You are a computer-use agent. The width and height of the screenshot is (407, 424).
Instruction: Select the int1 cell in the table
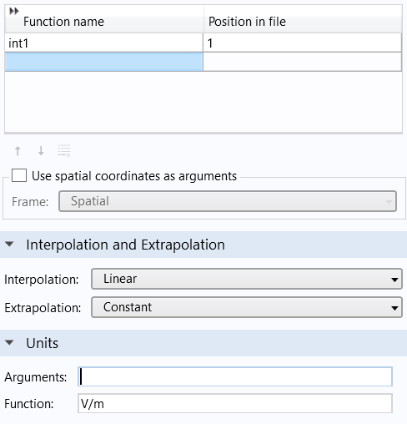coord(103,43)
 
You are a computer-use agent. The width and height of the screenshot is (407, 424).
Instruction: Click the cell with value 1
coord(303,43)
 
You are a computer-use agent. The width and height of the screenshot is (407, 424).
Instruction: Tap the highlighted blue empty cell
coord(103,62)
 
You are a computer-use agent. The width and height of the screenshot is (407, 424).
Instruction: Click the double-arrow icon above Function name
coord(14,11)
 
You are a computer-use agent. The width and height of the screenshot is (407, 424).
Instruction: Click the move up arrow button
coord(18,151)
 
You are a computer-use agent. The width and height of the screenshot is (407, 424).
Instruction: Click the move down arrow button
coord(41,151)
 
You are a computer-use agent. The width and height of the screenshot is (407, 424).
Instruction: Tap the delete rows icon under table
coord(64,151)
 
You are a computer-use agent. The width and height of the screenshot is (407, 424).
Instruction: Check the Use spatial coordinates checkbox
coord(19,175)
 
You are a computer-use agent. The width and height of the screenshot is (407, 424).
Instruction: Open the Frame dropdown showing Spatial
coord(228,201)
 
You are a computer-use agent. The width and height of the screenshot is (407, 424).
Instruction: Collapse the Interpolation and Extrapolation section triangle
coord(9,245)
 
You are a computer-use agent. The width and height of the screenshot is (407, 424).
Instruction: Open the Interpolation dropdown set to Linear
coord(247,279)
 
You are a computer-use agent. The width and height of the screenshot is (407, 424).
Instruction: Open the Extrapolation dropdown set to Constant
coord(247,307)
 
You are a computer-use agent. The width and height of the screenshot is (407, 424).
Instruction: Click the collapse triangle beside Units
coord(9,343)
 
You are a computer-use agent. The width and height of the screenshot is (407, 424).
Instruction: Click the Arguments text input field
coord(235,376)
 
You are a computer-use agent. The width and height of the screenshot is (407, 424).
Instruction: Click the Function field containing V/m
coord(235,403)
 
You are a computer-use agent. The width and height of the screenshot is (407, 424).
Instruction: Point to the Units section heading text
coord(43,343)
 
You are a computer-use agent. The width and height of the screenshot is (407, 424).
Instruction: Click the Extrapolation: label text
coord(43,308)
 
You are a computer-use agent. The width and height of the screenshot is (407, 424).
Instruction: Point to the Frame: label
coord(30,202)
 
